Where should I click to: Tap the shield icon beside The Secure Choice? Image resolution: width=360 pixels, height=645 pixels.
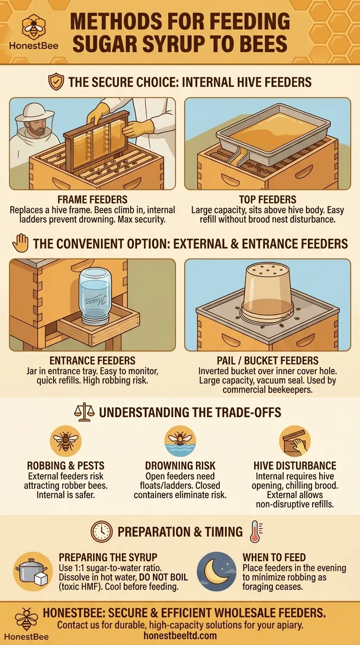pos(56,82)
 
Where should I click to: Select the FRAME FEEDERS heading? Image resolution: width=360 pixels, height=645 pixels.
pos(92,200)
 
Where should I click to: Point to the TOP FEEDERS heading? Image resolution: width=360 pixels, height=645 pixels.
pos(268,200)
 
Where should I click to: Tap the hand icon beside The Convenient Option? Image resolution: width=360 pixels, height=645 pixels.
pos(21,243)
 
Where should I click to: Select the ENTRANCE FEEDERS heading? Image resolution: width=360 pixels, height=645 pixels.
pos(92,360)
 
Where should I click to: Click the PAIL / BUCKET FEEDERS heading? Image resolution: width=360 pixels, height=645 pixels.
pos(268,360)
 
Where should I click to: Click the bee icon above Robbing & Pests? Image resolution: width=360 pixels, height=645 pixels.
pos(66,441)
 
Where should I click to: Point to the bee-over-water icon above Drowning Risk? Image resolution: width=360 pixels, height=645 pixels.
pos(180,441)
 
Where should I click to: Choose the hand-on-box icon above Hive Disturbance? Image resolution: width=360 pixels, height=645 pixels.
pos(295,441)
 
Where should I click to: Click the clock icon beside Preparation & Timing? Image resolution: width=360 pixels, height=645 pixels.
pos(102,532)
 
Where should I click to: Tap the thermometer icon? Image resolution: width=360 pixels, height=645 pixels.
pos(256,532)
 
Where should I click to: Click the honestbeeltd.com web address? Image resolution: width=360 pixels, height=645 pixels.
pos(180,635)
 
